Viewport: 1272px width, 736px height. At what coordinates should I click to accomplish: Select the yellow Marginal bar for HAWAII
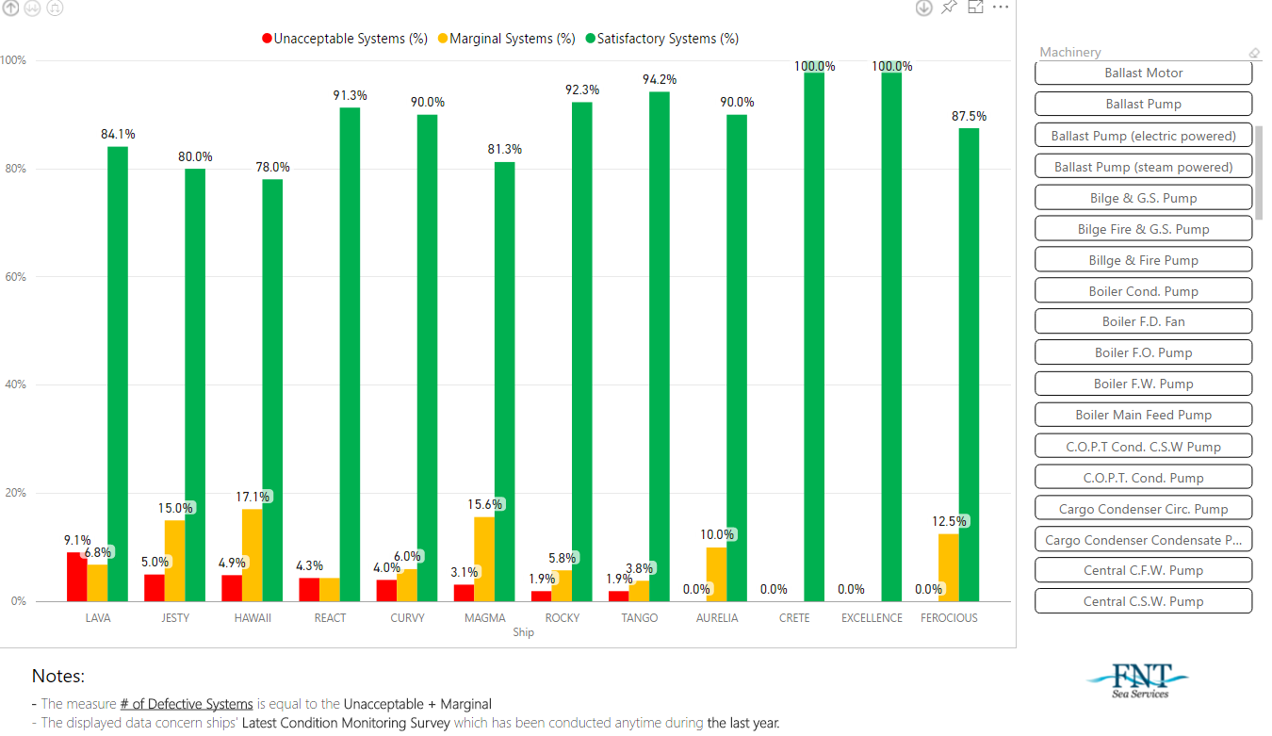[x=253, y=555]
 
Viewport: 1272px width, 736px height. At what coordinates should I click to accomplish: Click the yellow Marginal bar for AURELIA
[x=717, y=574]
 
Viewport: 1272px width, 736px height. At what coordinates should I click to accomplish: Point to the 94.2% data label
[x=660, y=80]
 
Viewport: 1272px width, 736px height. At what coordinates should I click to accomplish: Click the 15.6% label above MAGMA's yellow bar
[x=485, y=504]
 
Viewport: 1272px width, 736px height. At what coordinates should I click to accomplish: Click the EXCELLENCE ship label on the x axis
[x=872, y=618]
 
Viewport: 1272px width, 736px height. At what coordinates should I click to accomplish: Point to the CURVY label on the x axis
[x=407, y=618]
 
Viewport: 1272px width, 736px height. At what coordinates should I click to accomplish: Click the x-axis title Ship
[x=524, y=632]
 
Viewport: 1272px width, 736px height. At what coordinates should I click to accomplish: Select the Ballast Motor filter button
[x=1143, y=73]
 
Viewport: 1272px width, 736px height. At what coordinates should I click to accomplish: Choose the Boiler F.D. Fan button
[x=1143, y=321]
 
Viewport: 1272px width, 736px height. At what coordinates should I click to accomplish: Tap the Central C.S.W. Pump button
[x=1143, y=601]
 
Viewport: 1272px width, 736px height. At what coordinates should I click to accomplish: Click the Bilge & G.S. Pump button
[x=1143, y=198]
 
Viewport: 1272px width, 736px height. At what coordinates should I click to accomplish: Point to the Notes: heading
[x=58, y=676]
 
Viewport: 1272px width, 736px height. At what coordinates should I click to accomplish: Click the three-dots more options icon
[x=1001, y=8]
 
